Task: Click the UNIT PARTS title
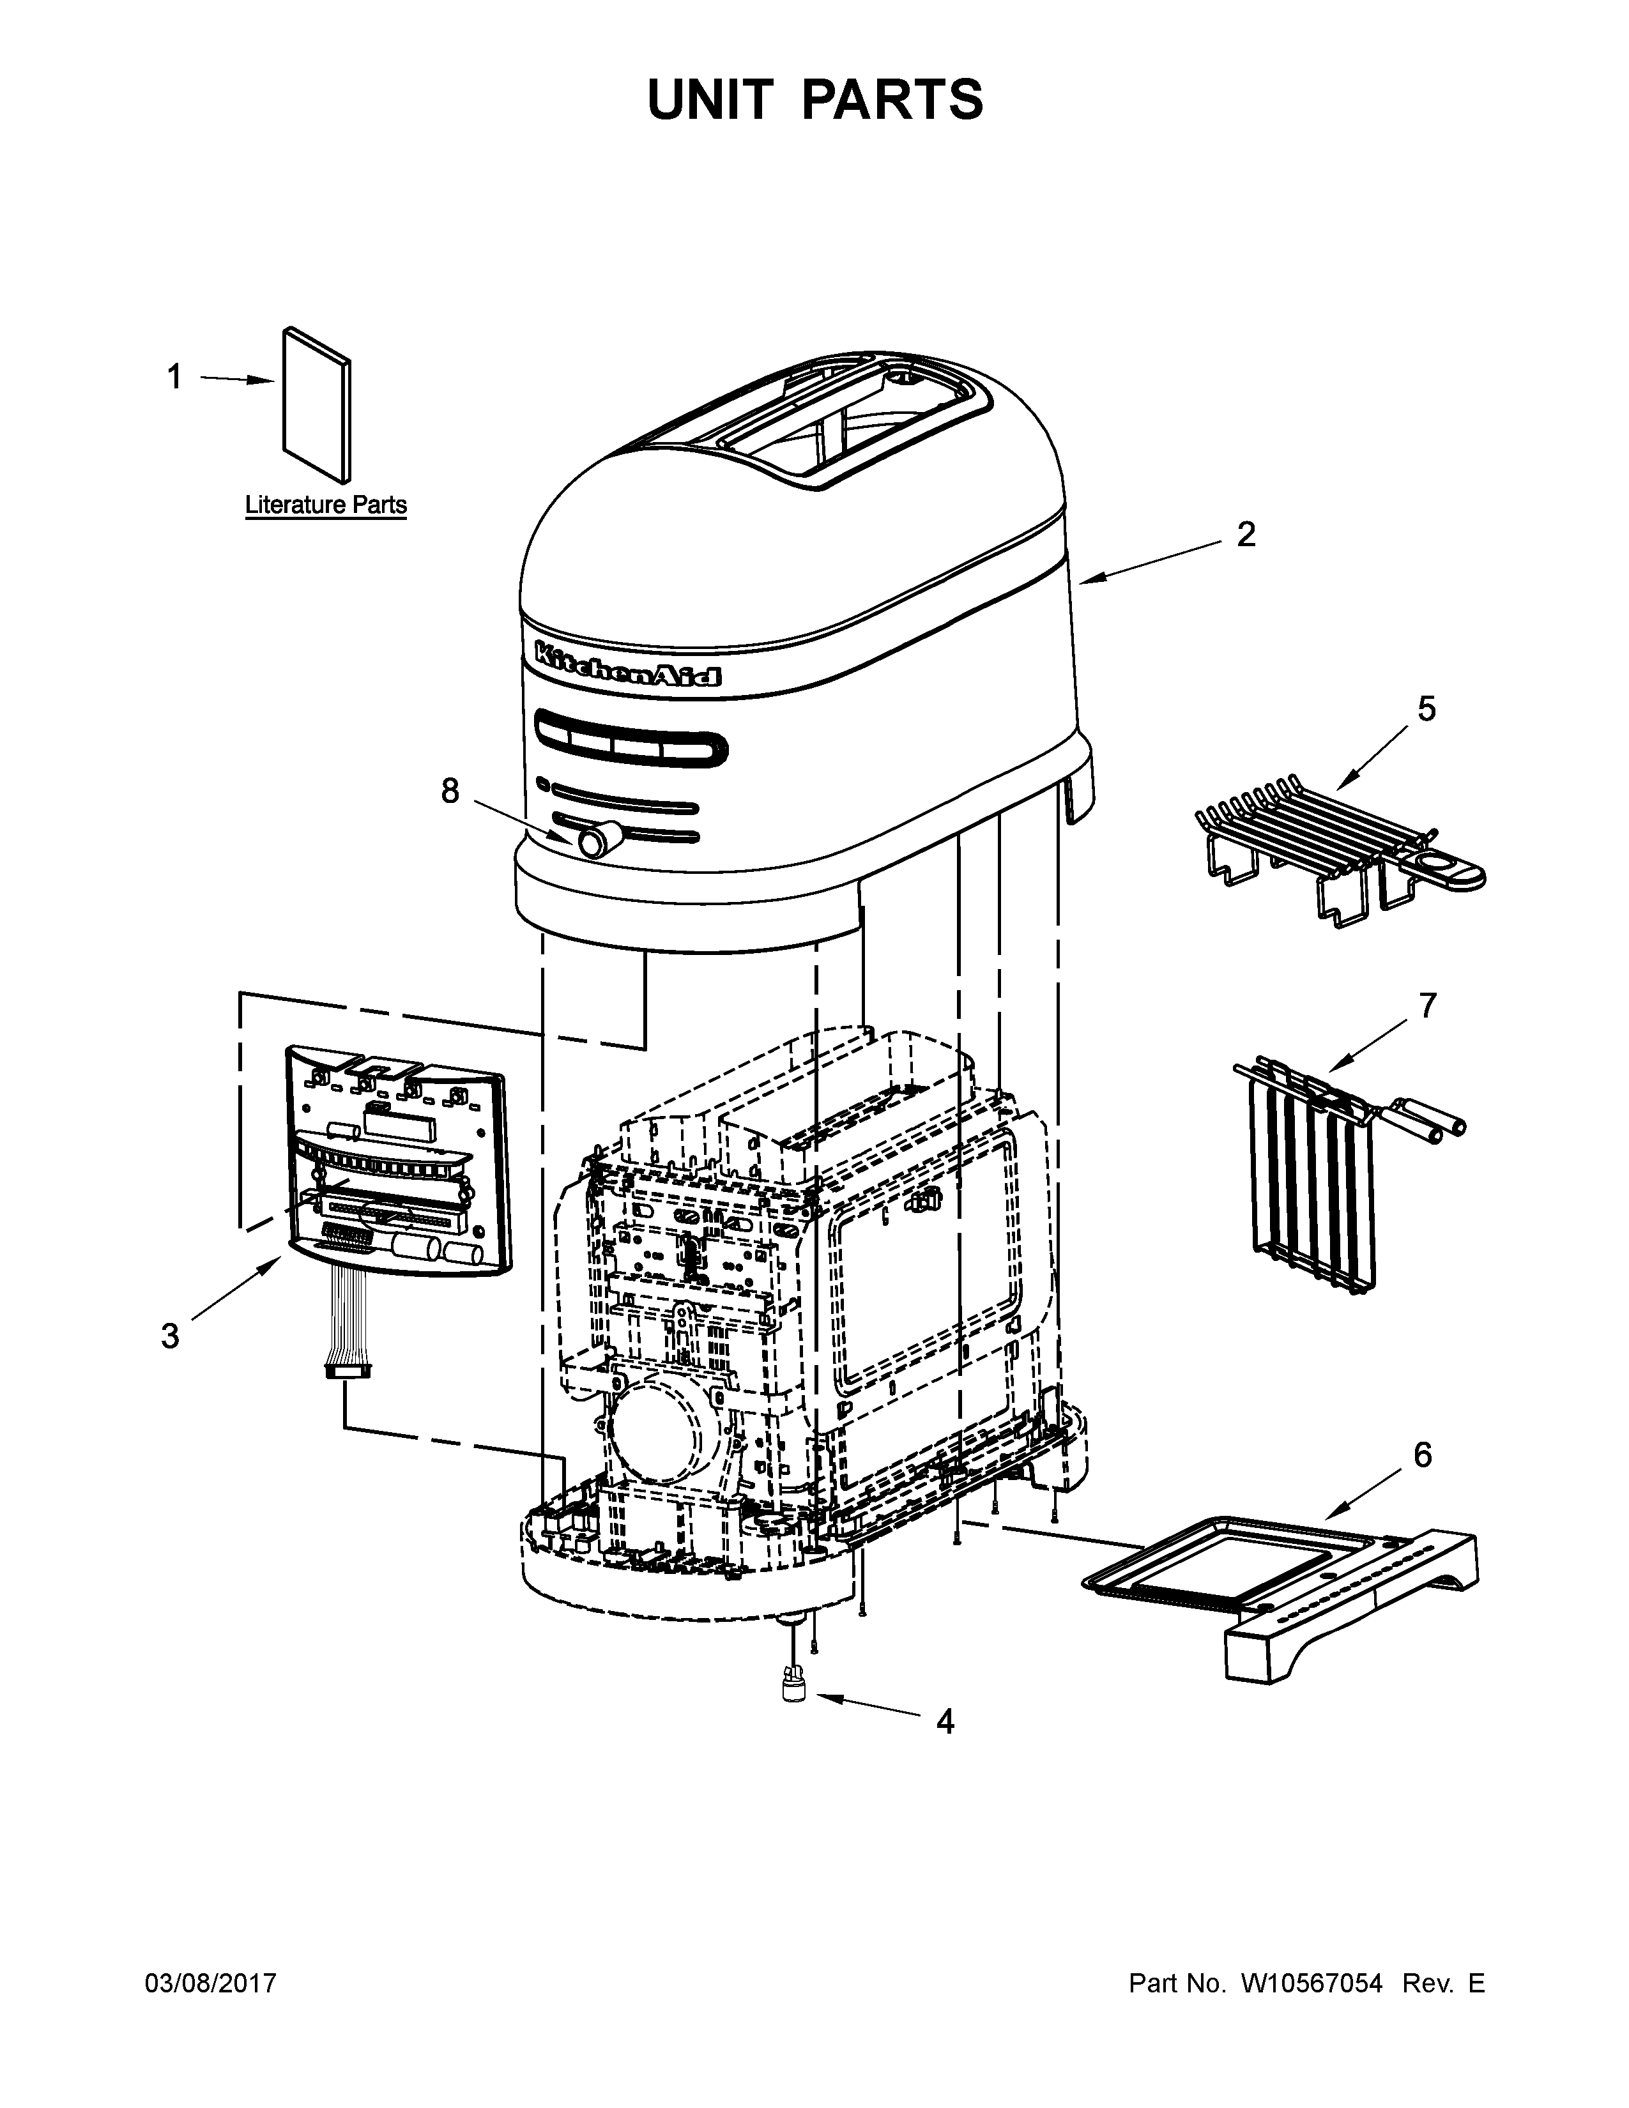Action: click(814, 100)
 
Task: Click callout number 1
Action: click(174, 378)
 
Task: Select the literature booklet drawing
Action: click(316, 406)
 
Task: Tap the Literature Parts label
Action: click(325, 505)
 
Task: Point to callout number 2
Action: click(1246, 535)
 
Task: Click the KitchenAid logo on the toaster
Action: click(628, 664)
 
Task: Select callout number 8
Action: click(450, 791)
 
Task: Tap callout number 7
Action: click(1427, 1005)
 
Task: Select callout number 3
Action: click(170, 1337)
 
